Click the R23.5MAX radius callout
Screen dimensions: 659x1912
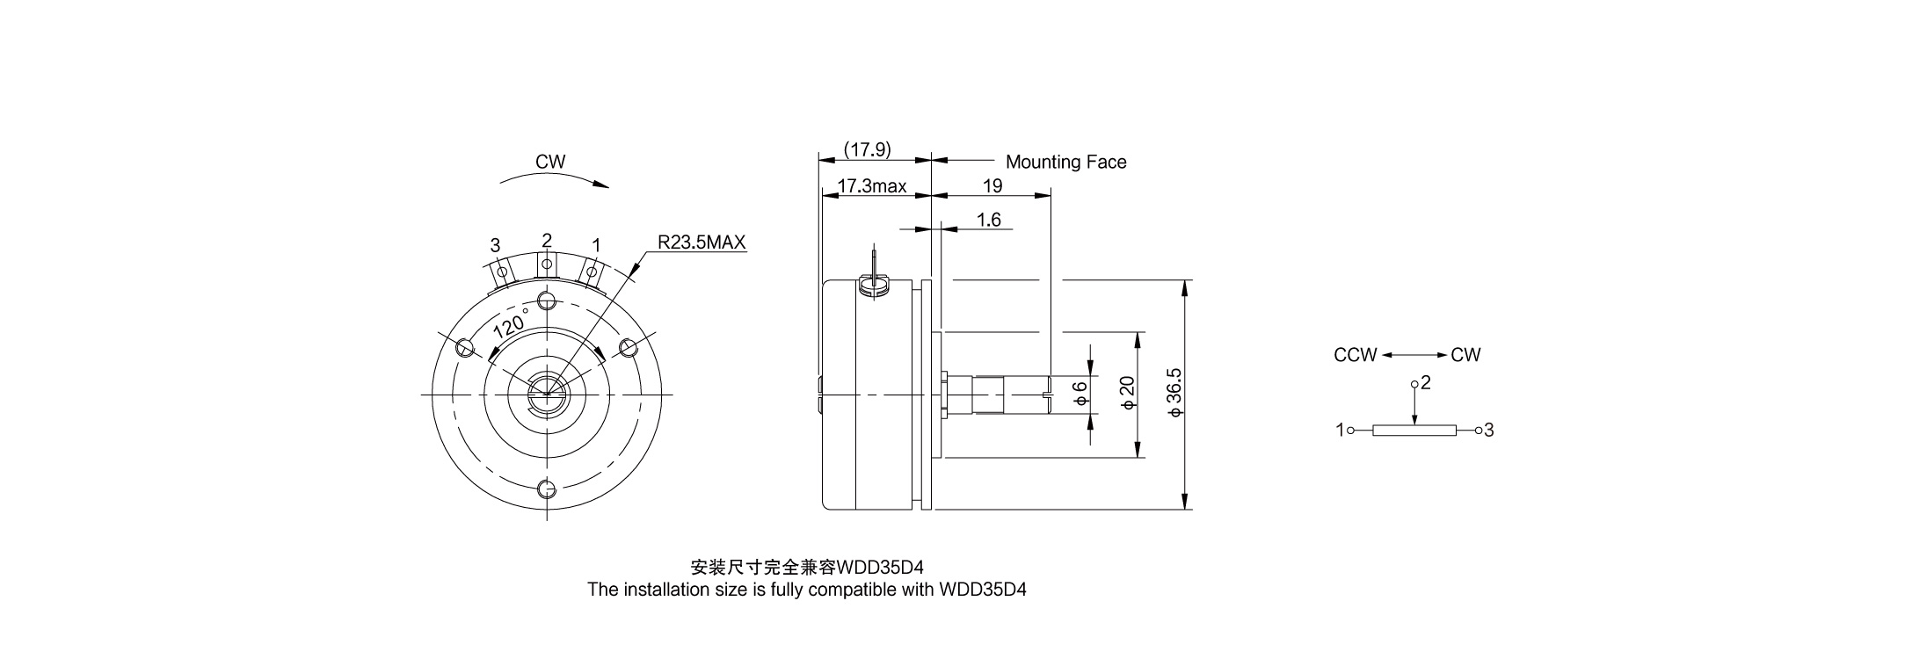coord(702,242)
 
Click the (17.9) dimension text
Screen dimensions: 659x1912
coord(867,150)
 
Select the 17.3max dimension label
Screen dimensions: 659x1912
coord(872,186)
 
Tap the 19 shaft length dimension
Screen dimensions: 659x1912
coord(992,186)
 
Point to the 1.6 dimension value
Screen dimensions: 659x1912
coord(989,220)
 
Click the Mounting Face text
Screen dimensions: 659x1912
coord(1065,162)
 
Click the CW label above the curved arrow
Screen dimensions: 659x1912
coord(550,162)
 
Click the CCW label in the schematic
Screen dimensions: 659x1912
coord(1355,355)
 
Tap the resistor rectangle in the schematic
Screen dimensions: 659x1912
coord(1414,431)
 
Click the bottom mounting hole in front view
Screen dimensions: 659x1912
coord(546,489)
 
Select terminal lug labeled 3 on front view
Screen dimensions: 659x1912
coord(501,272)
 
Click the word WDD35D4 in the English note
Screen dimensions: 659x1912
coord(983,590)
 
